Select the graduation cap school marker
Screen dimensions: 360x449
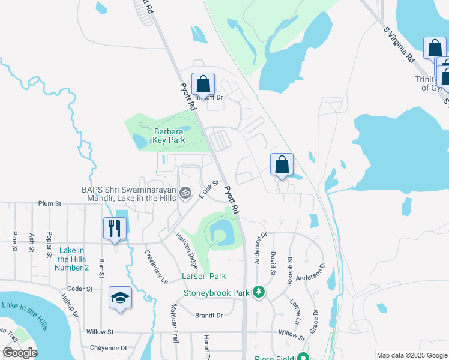[x=120, y=297]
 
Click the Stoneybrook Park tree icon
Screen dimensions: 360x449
[x=259, y=292]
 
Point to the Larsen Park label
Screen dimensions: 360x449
[x=204, y=277]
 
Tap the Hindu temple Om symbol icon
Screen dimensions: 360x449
[x=186, y=193]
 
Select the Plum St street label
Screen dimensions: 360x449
[x=50, y=204]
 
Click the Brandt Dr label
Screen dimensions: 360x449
[x=209, y=315]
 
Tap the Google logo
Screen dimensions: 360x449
[x=20, y=353]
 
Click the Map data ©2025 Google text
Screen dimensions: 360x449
[x=411, y=355]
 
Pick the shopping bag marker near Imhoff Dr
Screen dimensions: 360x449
[x=203, y=84]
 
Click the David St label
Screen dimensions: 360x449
[x=273, y=264]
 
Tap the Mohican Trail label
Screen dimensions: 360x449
[x=175, y=330]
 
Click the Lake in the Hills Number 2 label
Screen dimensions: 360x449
[x=71, y=259]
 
